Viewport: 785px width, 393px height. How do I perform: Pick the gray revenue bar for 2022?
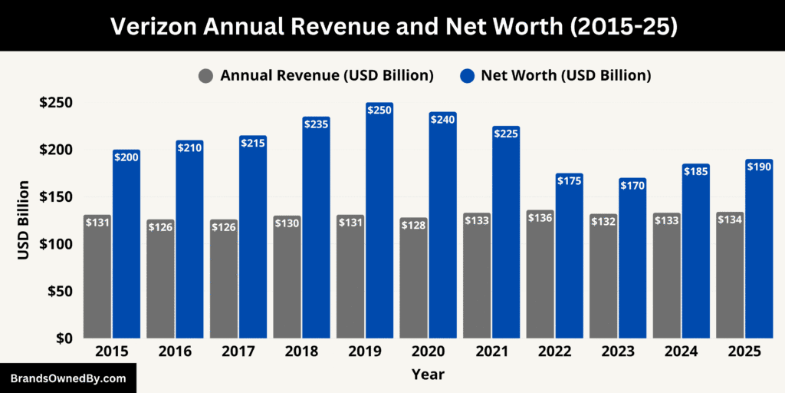click(x=540, y=284)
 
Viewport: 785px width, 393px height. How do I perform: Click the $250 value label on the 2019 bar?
click(x=379, y=111)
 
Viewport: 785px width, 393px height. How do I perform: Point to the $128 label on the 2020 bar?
click(x=414, y=226)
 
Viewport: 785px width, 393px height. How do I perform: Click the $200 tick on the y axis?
click(x=57, y=150)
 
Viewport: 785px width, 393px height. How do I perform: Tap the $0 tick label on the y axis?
click(x=62, y=339)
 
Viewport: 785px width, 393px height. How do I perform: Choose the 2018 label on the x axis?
click(x=301, y=352)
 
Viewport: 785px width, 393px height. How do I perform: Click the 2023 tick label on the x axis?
click(x=618, y=352)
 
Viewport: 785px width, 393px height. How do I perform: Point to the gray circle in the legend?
click(x=205, y=76)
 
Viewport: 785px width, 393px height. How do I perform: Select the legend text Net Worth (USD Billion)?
click(x=566, y=76)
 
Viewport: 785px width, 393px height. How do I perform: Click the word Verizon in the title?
click(x=156, y=26)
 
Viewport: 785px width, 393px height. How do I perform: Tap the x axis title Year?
click(x=428, y=375)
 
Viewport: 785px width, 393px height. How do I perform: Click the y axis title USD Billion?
click(x=24, y=220)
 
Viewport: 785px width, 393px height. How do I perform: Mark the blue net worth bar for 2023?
click(x=632, y=261)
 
